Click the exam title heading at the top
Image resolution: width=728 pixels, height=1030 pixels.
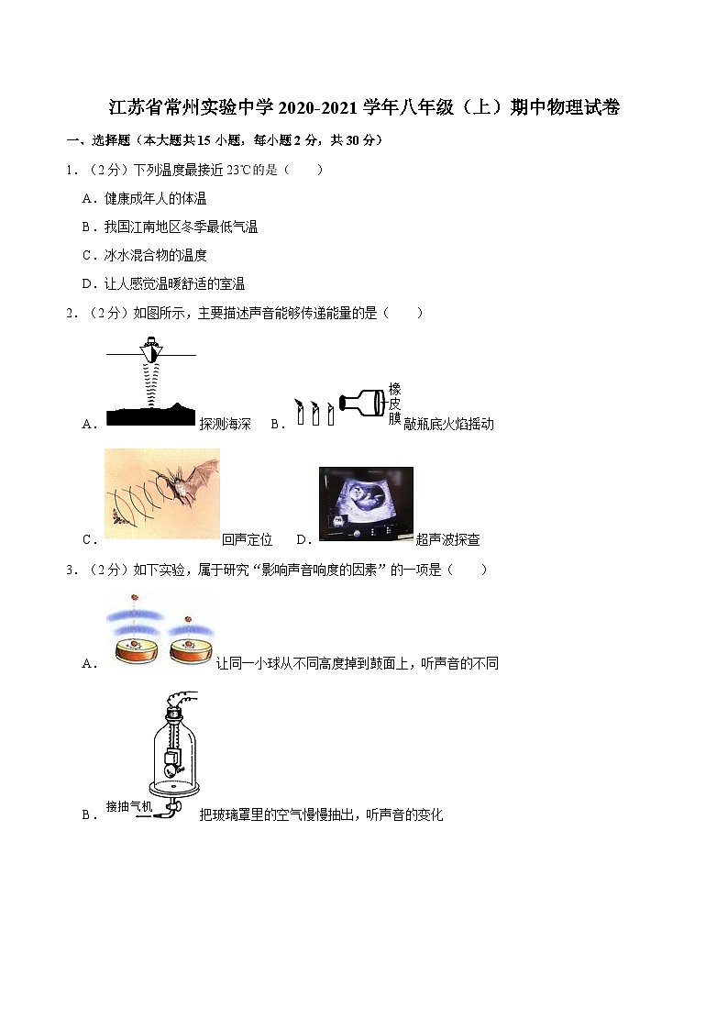coord(364,108)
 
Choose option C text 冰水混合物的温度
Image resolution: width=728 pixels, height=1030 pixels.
coord(155,255)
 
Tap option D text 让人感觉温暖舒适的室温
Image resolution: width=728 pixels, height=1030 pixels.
coord(174,283)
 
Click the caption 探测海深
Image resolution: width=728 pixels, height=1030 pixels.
coord(225,424)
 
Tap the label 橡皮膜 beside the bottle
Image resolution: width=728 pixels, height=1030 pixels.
coord(394,404)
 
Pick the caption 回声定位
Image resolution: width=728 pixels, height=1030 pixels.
coord(247,539)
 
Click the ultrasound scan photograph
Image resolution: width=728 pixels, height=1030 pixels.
coord(366,504)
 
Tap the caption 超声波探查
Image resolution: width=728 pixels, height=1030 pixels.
coord(447,539)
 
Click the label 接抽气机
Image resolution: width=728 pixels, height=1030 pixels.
coord(128,806)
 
